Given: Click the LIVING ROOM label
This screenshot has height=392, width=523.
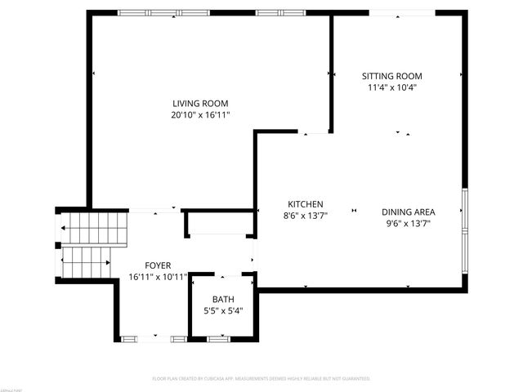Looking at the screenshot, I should pyautogui.click(x=200, y=103).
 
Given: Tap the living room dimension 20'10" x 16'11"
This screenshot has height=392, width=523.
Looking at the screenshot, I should pyautogui.click(x=200, y=116).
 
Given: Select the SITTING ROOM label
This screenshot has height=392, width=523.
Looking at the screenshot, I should pyautogui.click(x=392, y=76).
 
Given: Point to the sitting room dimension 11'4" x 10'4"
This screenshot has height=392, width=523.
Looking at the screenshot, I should pyautogui.click(x=392, y=87).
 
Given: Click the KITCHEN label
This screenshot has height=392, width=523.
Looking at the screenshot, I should pyautogui.click(x=306, y=204).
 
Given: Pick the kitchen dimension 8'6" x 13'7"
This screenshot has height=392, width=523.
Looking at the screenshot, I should pyautogui.click(x=306, y=216).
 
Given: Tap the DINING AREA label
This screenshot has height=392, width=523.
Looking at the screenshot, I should pyautogui.click(x=408, y=212).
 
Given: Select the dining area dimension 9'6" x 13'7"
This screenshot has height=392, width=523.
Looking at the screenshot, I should pyautogui.click(x=408, y=223).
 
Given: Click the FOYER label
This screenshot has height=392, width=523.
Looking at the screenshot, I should pyautogui.click(x=158, y=265).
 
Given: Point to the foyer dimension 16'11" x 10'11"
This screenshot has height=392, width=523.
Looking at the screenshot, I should pyautogui.click(x=158, y=277).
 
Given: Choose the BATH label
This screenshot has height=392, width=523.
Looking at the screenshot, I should pyautogui.click(x=223, y=299).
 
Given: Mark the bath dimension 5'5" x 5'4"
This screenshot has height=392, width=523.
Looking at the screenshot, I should pyautogui.click(x=223, y=310).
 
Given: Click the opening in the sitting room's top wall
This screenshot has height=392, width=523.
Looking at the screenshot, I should pyautogui.click(x=401, y=12).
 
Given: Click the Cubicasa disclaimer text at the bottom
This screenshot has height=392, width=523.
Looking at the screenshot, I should pyautogui.click(x=261, y=379).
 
